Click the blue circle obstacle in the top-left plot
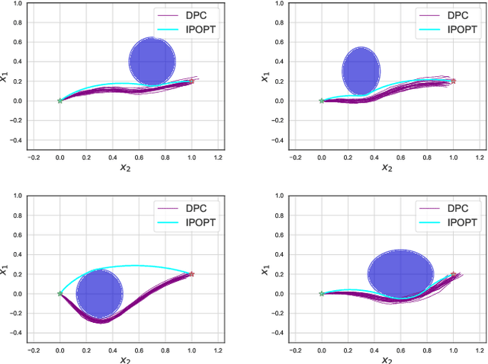(x=152, y=61)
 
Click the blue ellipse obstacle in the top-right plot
(x=361, y=72)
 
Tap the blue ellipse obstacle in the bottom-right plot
(x=400, y=273)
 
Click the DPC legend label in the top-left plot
(x=192, y=14)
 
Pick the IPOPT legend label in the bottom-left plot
(x=197, y=222)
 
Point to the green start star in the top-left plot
(x=60, y=101)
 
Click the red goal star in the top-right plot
(x=454, y=81)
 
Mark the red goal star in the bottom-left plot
(x=191, y=274)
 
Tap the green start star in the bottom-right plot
(x=321, y=293)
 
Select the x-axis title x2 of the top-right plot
(x=387, y=168)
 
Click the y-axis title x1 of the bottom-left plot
(x=5, y=270)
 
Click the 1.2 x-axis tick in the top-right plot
(x=480, y=158)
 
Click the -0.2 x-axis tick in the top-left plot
(x=33, y=158)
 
